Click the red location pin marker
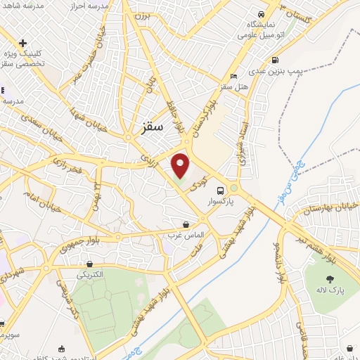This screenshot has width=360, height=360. pyautogui.click(x=181, y=165)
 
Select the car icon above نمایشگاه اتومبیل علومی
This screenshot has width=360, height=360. pyautogui.click(x=261, y=15)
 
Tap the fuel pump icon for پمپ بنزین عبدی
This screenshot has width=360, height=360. pyautogui.click(x=274, y=60)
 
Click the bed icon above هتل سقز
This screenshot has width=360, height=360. pyautogui.click(x=233, y=76)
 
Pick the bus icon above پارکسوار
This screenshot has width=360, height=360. pyautogui.click(x=221, y=190)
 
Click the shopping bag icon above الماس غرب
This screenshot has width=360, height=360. pyautogui.click(x=186, y=224)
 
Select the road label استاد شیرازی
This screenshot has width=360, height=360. pyautogui.click(x=245, y=142)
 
